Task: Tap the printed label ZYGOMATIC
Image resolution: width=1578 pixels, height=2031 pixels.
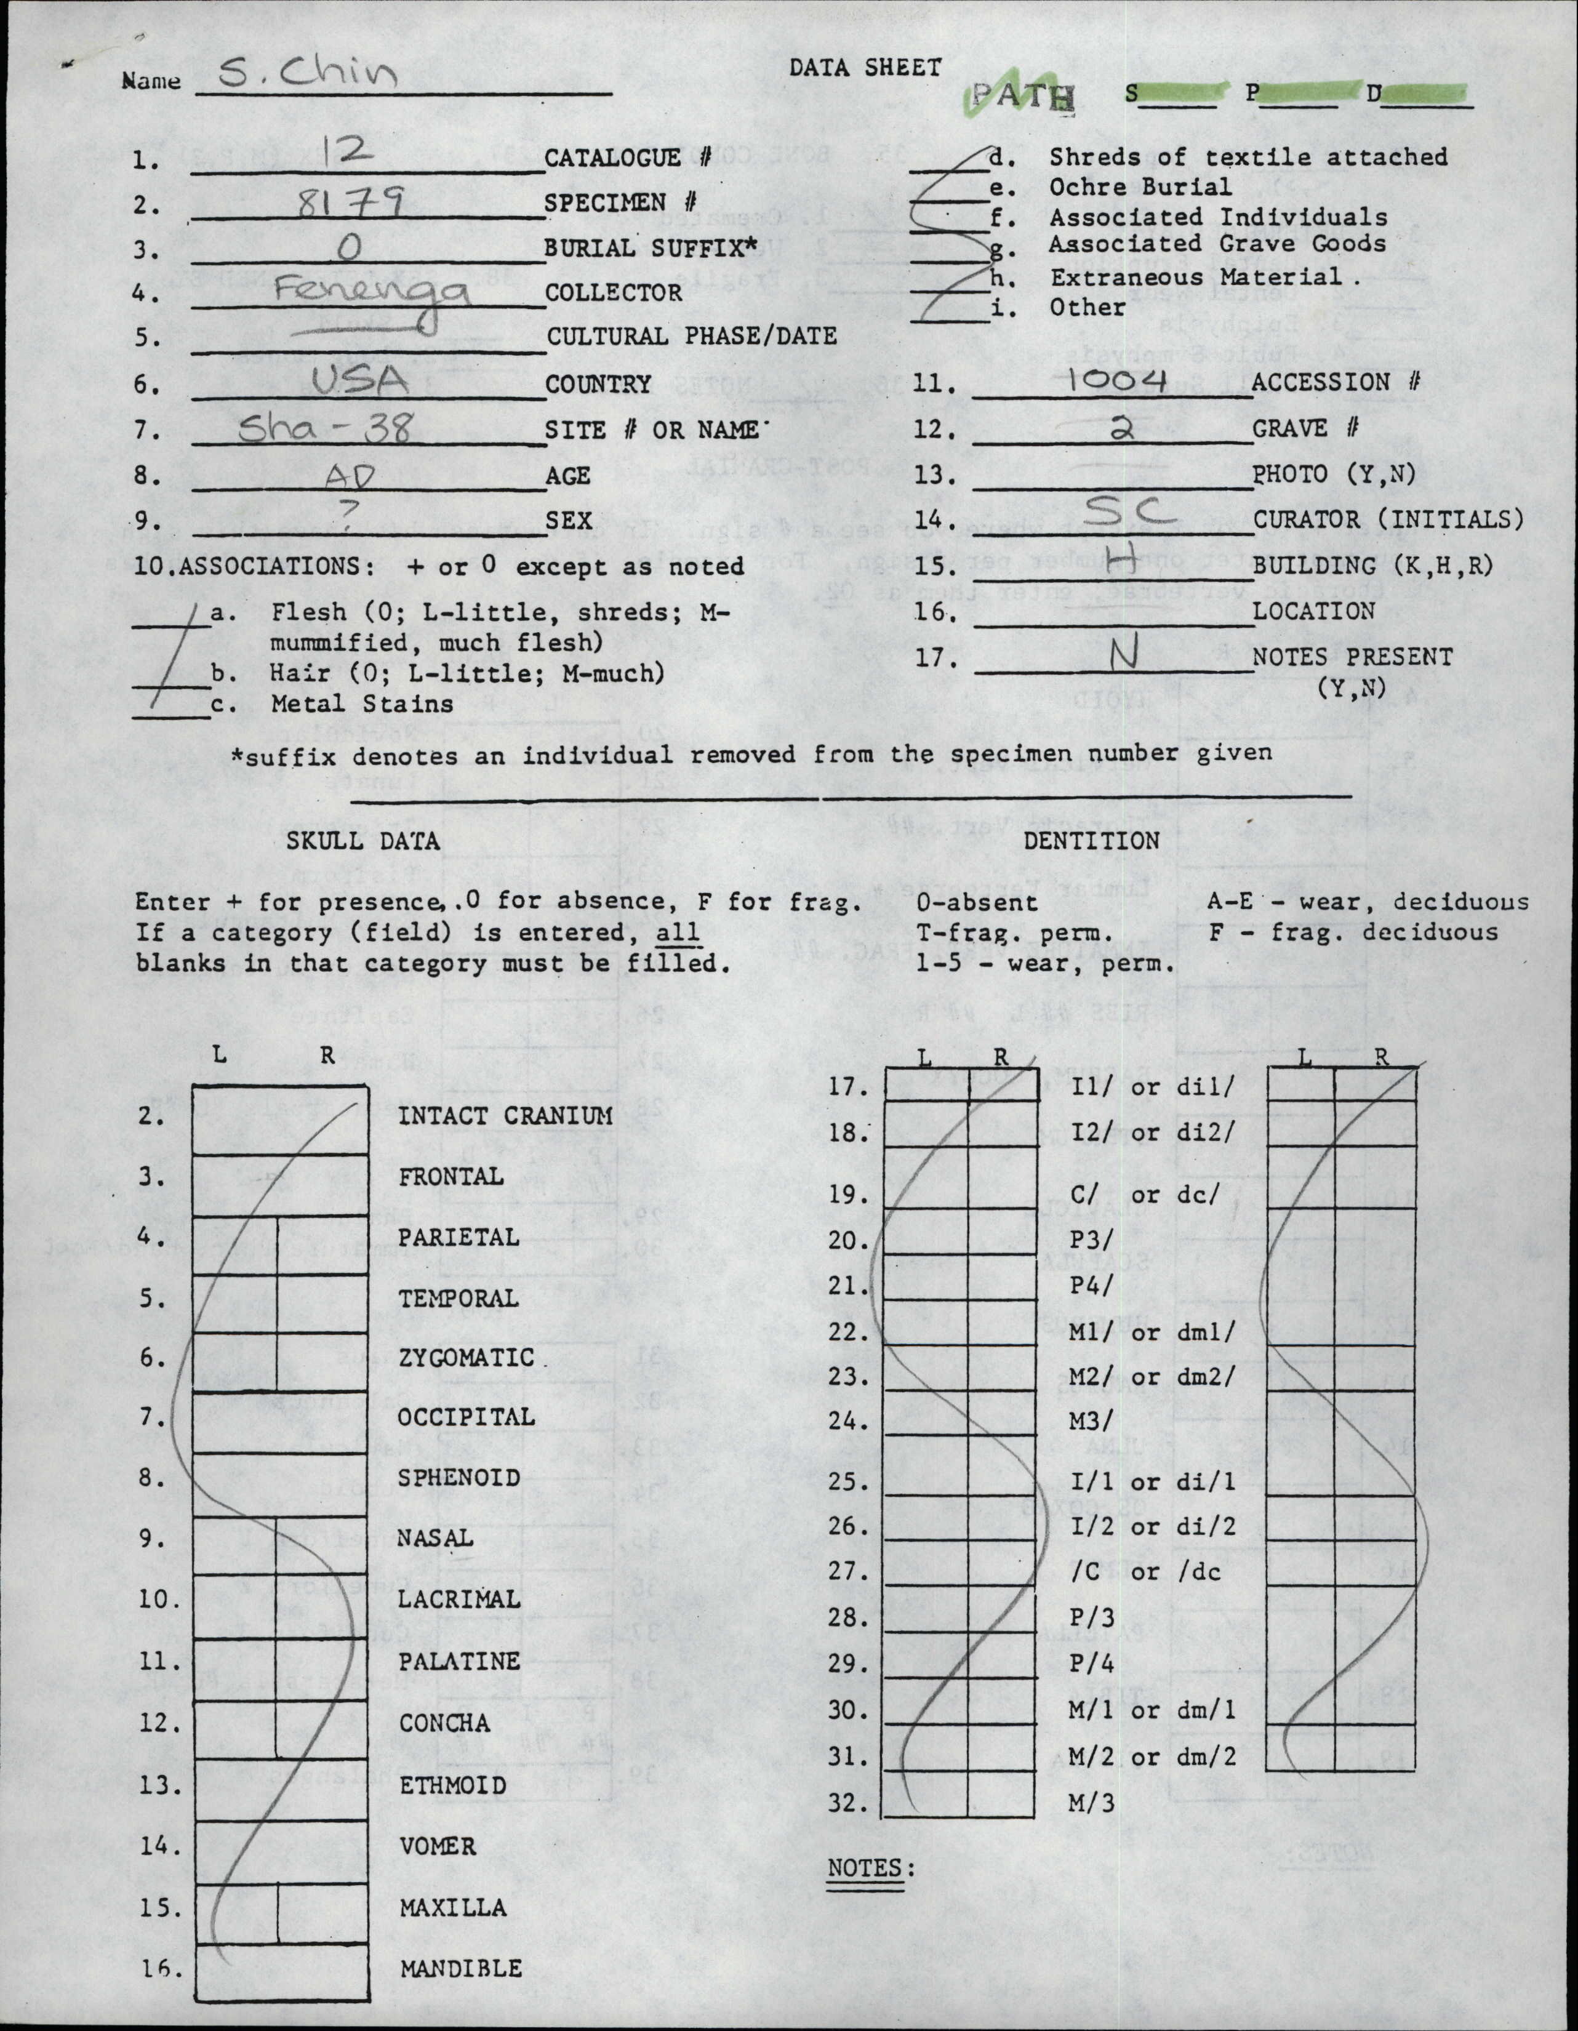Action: click(466, 1358)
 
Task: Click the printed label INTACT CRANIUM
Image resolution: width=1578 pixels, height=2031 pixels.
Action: click(505, 1115)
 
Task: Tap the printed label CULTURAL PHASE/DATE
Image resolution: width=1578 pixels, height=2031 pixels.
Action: click(691, 335)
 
